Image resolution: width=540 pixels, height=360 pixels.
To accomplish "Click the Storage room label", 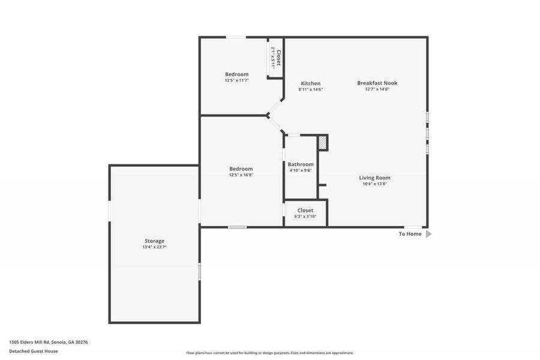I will [154, 241].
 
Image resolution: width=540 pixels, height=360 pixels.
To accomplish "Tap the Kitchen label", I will [310, 83].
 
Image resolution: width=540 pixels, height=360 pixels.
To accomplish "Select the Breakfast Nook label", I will [377, 83].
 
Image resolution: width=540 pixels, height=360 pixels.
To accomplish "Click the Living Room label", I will [374, 178].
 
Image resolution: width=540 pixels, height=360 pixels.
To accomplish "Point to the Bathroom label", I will [300, 164].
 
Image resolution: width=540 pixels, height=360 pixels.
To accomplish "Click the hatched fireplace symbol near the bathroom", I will [322, 143].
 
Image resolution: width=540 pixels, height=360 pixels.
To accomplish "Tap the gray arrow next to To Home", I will [428, 234].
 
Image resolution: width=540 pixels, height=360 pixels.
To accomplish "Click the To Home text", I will [410, 234].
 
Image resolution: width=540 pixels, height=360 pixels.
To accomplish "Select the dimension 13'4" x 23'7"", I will [154, 247].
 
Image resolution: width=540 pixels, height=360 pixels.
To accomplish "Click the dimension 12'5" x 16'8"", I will [241, 175].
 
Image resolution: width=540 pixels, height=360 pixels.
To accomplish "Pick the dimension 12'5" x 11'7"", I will [236, 80].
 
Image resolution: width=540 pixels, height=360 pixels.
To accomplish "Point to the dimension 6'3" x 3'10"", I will [305, 217].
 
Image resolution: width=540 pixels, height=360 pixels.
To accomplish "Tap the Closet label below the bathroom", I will [305, 211].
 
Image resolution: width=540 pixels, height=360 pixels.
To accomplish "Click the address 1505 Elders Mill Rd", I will [48, 341].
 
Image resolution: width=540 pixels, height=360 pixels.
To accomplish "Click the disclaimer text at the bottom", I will [269, 353].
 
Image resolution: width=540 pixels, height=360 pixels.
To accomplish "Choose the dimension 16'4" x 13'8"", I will [374, 184].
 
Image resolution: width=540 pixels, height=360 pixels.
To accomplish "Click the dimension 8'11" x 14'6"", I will [310, 89].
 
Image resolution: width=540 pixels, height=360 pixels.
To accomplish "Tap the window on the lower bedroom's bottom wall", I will [237, 227].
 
